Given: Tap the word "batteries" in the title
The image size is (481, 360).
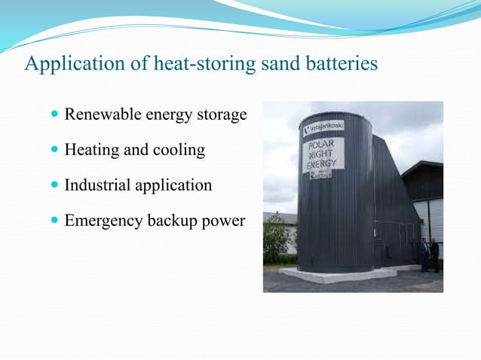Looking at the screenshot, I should pos(340,64).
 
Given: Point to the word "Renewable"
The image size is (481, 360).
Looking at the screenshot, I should pos(98,115).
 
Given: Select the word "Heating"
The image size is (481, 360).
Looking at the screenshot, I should pos(92,151).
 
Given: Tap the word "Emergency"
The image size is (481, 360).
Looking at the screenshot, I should pos(100,221).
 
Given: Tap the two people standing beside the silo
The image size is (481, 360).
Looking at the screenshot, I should pos(430,255).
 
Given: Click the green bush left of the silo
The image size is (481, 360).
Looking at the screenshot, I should pos(276,239).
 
